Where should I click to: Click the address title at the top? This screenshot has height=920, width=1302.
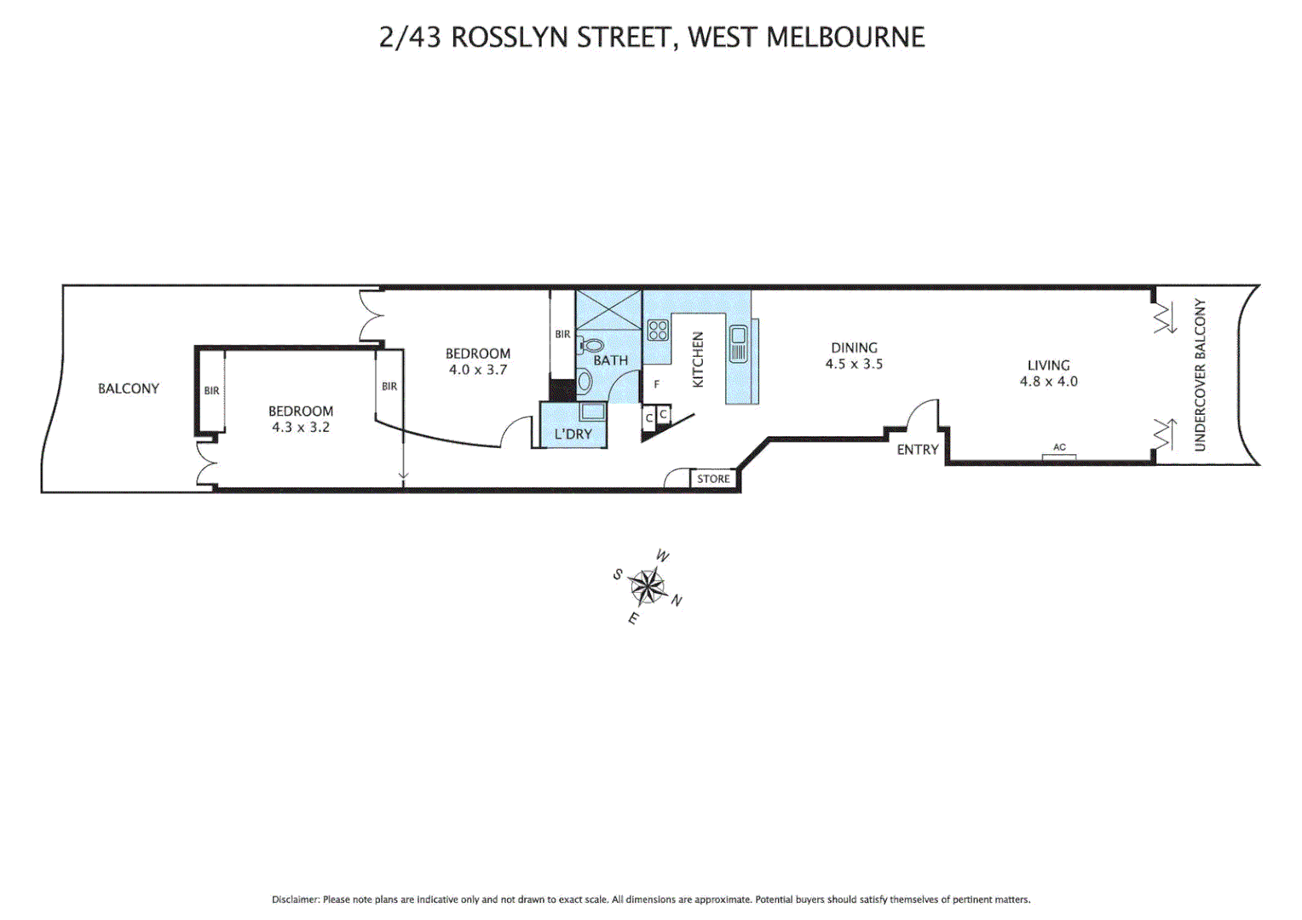click(x=652, y=37)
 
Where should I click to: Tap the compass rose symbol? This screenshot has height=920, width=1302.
click(x=648, y=586)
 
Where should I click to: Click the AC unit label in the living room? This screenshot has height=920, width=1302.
click(x=1059, y=447)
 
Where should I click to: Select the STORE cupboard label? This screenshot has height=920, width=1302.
click(x=713, y=479)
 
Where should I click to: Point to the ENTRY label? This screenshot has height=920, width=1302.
click(x=917, y=450)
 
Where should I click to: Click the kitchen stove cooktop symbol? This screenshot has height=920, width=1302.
click(x=658, y=330)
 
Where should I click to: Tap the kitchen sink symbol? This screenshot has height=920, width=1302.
click(x=738, y=343)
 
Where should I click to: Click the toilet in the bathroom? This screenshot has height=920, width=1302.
click(x=590, y=346)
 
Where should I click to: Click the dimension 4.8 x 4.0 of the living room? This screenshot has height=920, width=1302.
click(x=1048, y=382)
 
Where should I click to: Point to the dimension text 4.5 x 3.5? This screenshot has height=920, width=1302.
click(x=854, y=364)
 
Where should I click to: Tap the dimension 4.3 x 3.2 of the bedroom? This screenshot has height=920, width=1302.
click(x=300, y=427)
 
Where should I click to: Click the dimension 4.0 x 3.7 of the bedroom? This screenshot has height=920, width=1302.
click(x=477, y=370)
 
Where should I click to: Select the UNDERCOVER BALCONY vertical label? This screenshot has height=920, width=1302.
click(x=1200, y=375)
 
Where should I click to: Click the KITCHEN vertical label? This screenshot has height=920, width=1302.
click(x=698, y=359)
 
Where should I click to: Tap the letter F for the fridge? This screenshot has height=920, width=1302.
click(x=656, y=385)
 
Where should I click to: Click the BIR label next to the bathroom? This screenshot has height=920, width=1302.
click(x=562, y=335)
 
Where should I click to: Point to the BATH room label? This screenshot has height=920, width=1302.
click(x=610, y=360)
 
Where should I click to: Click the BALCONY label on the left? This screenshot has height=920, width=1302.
click(x=128, y=388)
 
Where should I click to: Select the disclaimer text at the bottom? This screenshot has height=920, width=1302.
click(x=651, y=900)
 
